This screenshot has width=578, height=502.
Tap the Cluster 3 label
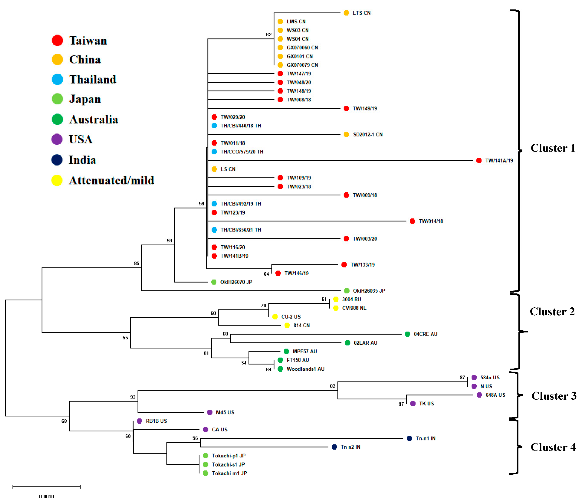[554, 396]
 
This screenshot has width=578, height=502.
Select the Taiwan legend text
[88, 41]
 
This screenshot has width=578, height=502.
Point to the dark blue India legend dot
[57, 160]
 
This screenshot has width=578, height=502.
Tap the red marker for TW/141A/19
[479, 160]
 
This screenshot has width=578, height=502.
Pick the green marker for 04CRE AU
[408, 334]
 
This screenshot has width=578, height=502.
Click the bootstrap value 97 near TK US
[401, 404]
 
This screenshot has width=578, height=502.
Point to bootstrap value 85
[137, 263]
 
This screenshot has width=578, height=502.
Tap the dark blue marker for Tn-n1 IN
[409, 438]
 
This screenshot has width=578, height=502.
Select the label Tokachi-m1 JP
[229, 473]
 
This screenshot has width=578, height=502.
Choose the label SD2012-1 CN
[367, 135]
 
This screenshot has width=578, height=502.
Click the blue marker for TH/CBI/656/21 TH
[214, 230]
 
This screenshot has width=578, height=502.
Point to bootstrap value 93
[133, 397]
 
